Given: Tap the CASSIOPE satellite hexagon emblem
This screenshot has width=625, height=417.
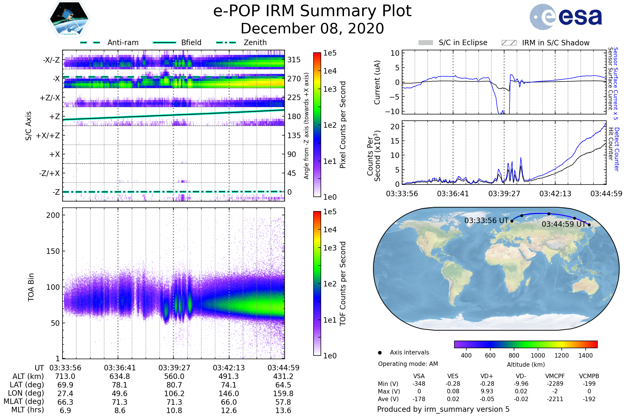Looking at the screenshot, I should (69, 19).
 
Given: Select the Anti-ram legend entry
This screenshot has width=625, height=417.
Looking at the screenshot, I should (123, 42).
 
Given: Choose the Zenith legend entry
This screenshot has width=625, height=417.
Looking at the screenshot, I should (255, 42).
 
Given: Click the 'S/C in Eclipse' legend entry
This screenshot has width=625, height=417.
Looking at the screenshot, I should (463, 42).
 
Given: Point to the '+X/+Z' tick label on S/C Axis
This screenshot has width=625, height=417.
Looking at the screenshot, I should (48, 136).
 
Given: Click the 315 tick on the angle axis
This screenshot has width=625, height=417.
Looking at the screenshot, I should (294, 60).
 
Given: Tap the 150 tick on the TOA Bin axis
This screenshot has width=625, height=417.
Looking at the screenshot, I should (53, 251).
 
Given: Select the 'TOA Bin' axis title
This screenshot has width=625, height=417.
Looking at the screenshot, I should (31, 287).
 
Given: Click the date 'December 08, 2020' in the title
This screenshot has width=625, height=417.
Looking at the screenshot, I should (312, 28).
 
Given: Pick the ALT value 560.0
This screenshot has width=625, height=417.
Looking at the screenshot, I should (174, 377).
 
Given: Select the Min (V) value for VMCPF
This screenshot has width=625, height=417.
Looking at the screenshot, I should (555, 384).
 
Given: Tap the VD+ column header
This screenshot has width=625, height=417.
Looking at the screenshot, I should (486, 376).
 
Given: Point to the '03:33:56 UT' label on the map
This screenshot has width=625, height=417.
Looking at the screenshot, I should (486, 220).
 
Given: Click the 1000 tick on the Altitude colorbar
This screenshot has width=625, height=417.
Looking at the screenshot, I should (537, 355).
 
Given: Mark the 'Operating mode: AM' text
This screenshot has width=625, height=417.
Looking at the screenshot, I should (408, 364).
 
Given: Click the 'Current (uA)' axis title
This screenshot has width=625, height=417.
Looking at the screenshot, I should (377, 82).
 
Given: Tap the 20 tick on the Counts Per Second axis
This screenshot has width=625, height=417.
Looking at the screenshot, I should (395, 127).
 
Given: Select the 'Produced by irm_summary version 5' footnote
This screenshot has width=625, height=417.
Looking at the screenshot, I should (443, 409).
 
